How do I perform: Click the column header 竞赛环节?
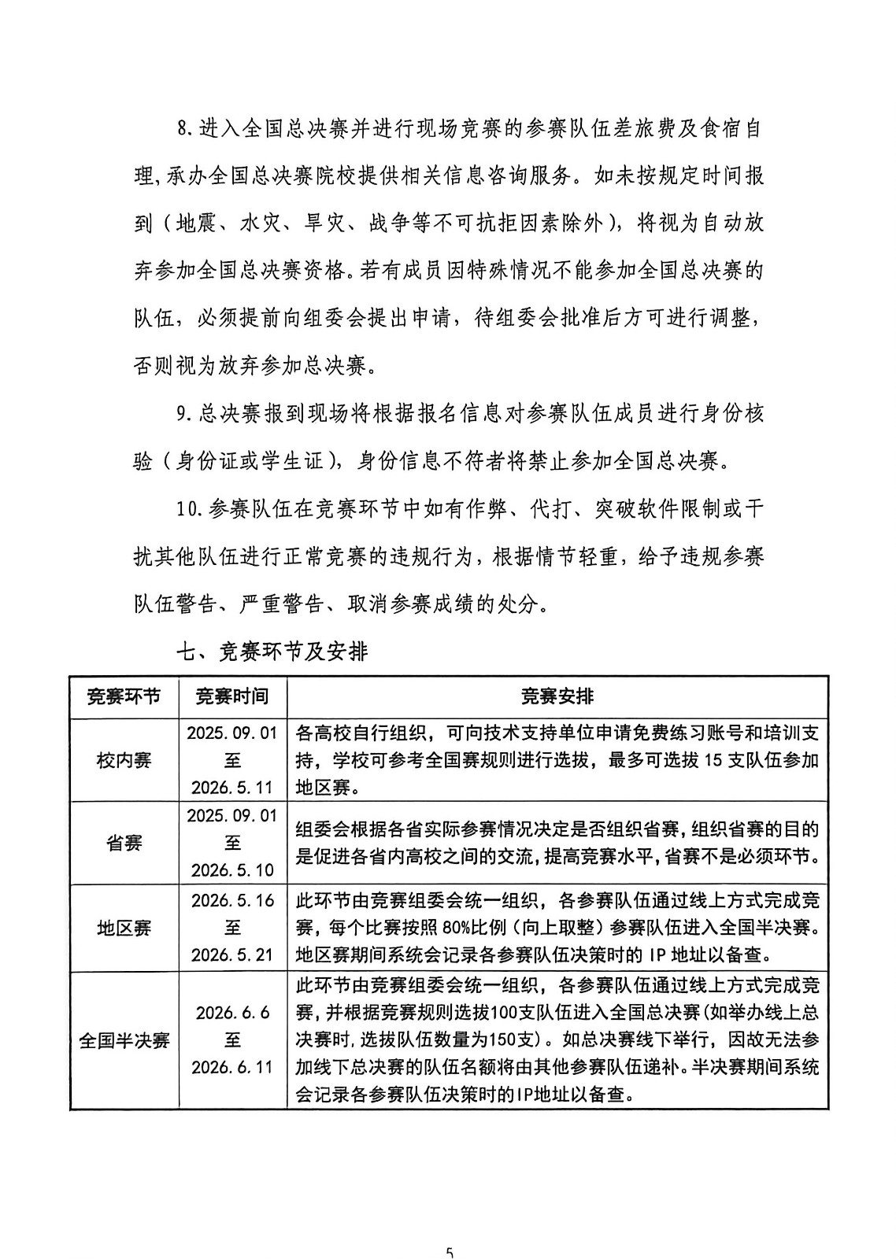tap(124, 696)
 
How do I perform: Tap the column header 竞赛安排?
tap(557, 696)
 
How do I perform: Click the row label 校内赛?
tap(124, 761)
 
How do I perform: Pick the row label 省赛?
tap(124, 844)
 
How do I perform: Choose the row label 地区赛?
tap(124, 928)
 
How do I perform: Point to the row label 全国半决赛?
tap(124, 1040)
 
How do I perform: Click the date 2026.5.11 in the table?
tap(231, 787)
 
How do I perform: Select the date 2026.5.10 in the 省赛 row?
tap(231, 869)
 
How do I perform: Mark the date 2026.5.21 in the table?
tap(231, 954)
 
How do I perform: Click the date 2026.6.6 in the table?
tap(231, 1013)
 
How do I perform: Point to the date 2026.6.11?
tap(231, 1067)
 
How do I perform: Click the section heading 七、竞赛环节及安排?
tap(272, 652)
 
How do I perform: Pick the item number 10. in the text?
tap(191, 509)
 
